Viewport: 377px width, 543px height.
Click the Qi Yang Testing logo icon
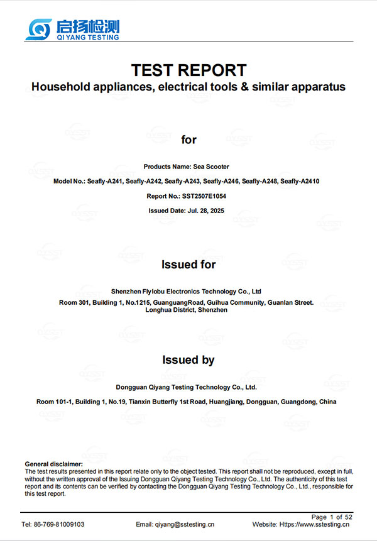pos(39,28)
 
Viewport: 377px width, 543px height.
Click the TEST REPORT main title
pos(188,70)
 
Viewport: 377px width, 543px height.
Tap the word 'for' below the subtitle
pos(188,140)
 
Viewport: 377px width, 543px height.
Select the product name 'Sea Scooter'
pos(210,167)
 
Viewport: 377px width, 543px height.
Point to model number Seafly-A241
pos(104,182)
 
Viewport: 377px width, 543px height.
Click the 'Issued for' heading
pos(188,265)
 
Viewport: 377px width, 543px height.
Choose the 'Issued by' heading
pos(188,360)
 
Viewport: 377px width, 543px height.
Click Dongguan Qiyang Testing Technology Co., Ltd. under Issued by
pos(187,388)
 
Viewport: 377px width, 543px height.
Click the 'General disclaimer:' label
pos(53,464)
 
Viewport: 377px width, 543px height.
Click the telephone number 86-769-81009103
pos(61,524)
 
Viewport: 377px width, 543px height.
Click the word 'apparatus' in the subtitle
pos(316,87)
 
